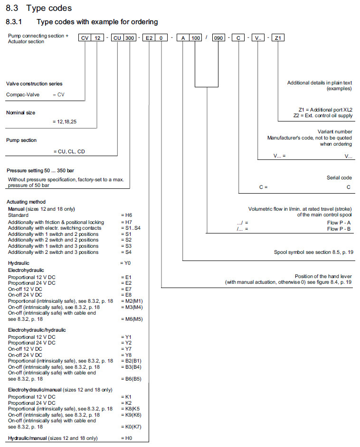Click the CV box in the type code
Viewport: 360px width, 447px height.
[x=85, y=38]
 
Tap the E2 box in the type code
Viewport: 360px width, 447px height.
[x=150, y=38]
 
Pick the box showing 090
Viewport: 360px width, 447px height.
[x=218, y=38]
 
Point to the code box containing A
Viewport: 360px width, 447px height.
[x=183, y=38]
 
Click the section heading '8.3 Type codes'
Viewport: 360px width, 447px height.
[x=39, y=8]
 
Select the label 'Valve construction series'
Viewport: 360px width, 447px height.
[x=34, y=84]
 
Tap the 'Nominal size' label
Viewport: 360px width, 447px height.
[x=20, y=112]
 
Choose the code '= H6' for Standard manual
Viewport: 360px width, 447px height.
[x=127, y=215]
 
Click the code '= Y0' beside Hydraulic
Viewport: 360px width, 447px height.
[x=126, y=262]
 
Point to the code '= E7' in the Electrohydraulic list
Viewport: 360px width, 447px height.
[x=126, y=289]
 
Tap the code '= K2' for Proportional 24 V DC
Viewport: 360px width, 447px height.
[x=126, y=402]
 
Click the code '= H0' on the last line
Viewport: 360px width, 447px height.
[x=126, y=438]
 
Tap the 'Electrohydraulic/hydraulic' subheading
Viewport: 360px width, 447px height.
[x=37, y=330]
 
